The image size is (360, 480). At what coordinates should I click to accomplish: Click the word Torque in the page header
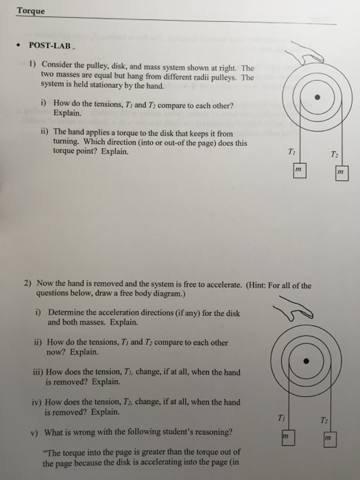[31, 10]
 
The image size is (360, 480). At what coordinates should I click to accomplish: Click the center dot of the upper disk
[317, 97]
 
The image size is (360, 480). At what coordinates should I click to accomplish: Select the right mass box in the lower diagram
[331, 439]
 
